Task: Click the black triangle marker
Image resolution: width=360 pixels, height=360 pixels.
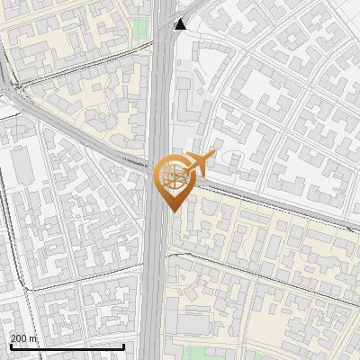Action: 180,23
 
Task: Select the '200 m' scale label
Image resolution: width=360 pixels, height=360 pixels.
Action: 24,338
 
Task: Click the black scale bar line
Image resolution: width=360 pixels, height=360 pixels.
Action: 67,346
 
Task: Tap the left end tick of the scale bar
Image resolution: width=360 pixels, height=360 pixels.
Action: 10,346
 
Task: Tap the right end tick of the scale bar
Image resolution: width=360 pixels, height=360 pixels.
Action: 123,346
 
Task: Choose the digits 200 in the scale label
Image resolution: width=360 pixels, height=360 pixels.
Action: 19,338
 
